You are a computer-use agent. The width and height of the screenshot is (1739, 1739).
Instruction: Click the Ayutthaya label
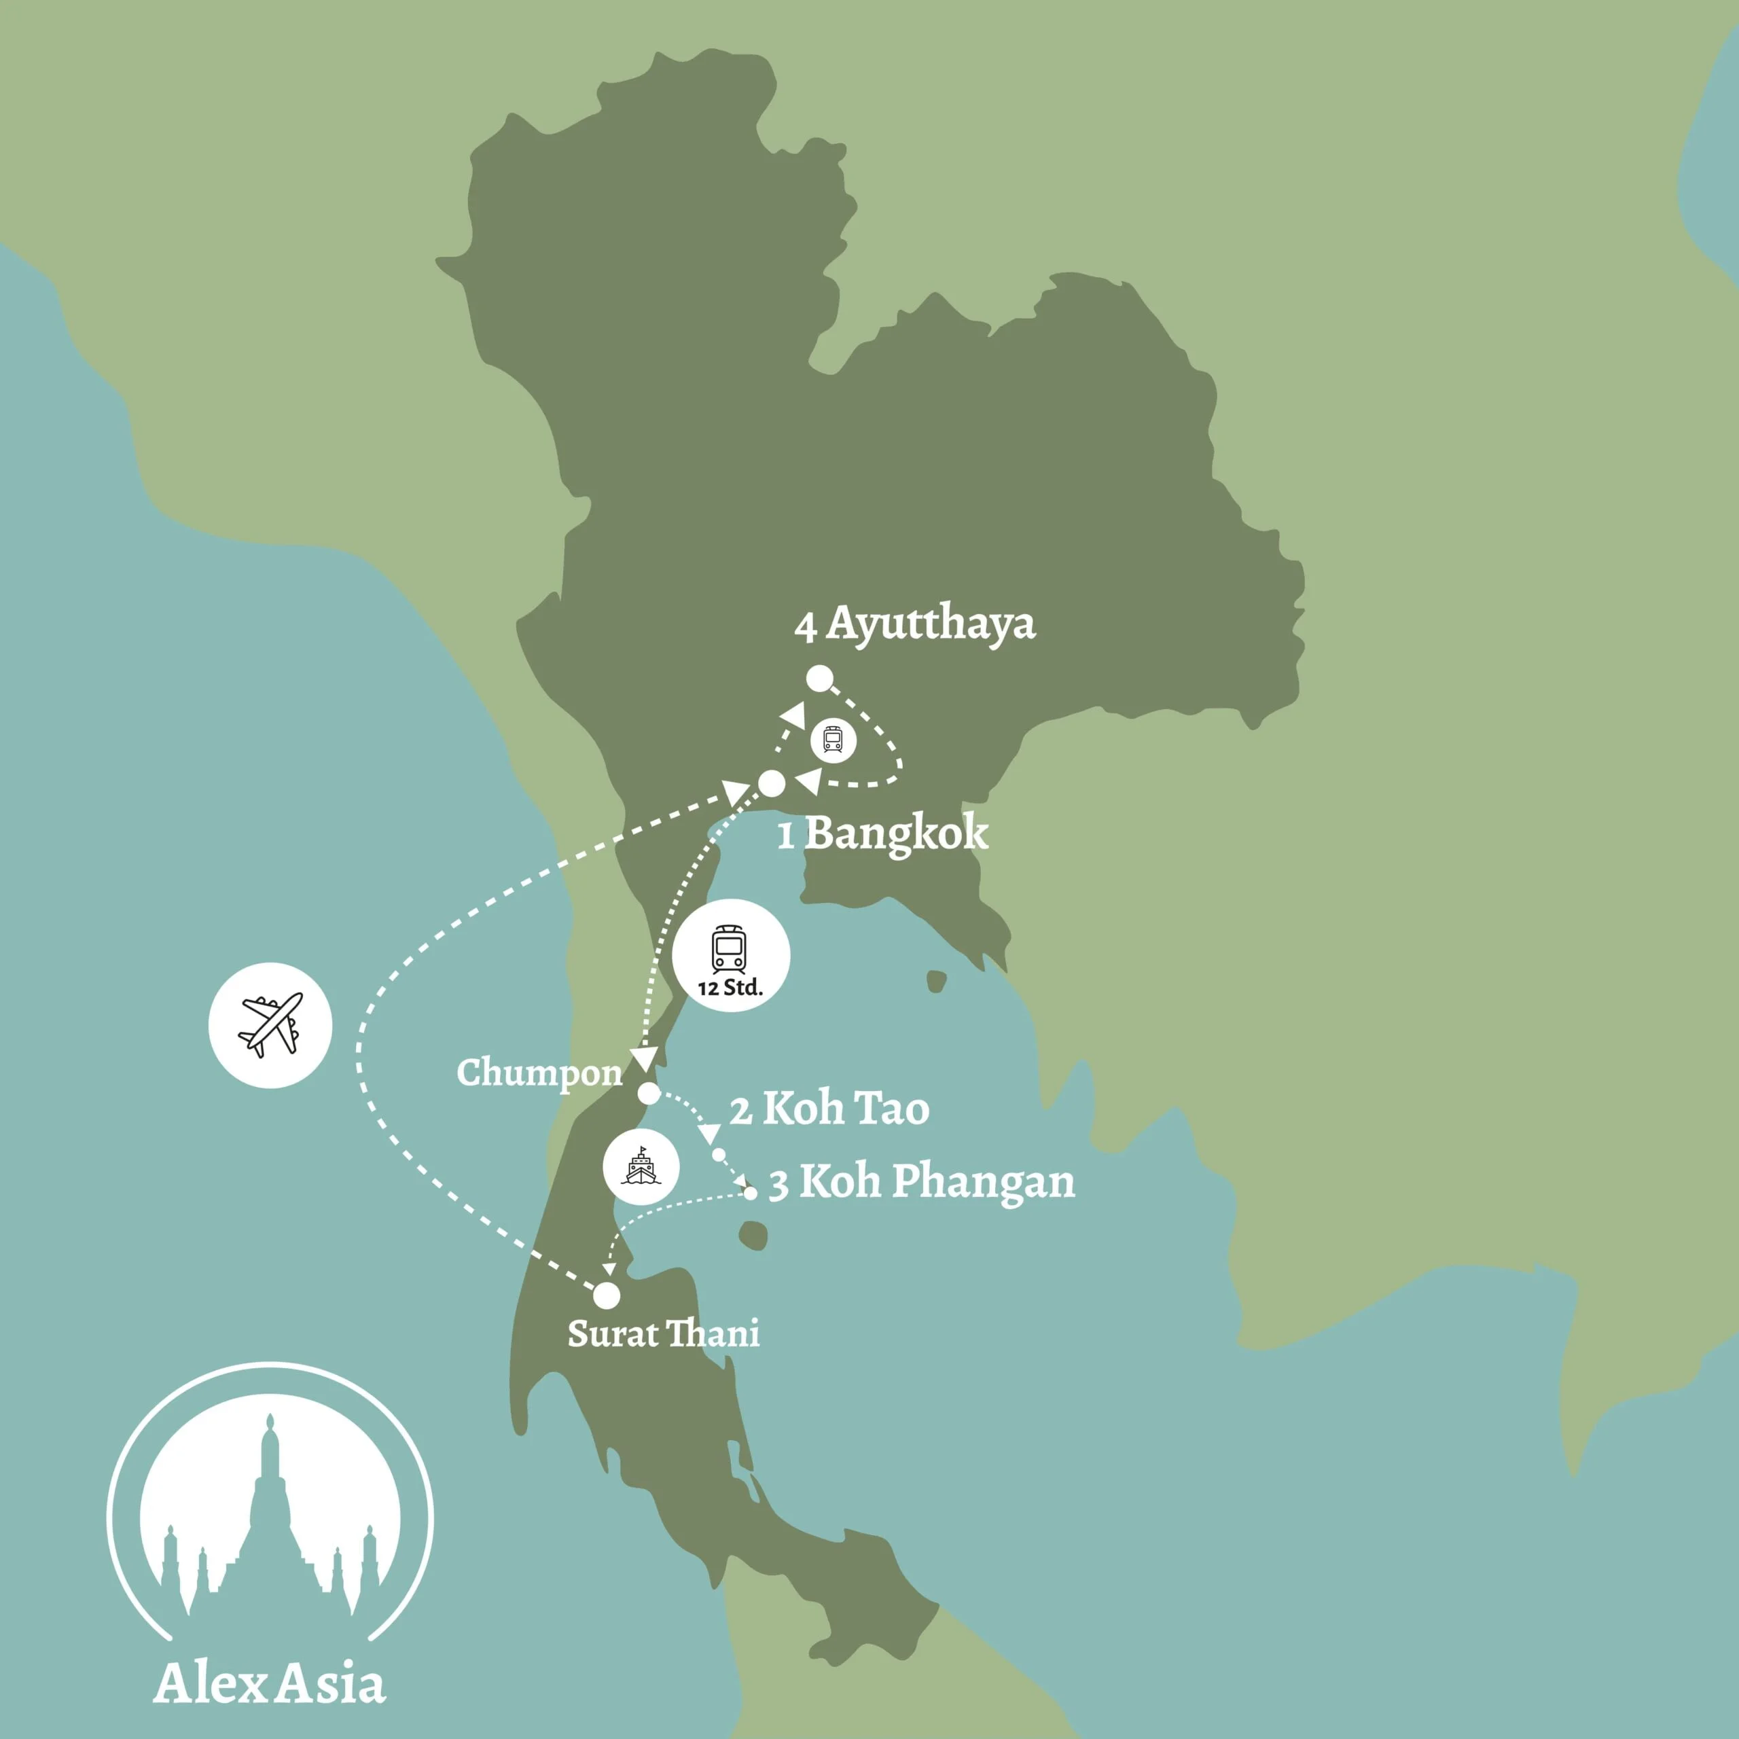[x=931, y=624]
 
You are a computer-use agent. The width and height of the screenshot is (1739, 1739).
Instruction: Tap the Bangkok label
[x=895, y=833]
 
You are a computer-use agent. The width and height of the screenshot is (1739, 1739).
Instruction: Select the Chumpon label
[x=539, y=1072]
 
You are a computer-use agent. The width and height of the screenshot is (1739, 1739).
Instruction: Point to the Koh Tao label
[x=845, y=1109]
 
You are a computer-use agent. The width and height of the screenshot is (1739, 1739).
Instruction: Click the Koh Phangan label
[x=937, y=1182]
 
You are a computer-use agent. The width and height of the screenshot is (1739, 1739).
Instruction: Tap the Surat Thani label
[x=664, y=1333]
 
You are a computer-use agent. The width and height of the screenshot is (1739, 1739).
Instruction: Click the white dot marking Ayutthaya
[x=818, y=679]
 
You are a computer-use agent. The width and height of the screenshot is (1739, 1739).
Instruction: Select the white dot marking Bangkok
[x=772, y=783]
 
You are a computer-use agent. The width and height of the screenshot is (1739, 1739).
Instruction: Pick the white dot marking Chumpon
[x=648, y=1094]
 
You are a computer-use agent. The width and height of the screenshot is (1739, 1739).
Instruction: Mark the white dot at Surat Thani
[x=607, y=1295]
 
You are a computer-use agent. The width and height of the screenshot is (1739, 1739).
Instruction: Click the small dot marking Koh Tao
[x=718, y=1154]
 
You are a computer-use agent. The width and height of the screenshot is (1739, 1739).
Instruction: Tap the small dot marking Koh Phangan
[x=751, y=1193]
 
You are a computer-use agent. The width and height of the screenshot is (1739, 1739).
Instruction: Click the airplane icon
[x=270, y=1025]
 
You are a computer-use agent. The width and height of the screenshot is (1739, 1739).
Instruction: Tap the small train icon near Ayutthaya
[x=833, y=740]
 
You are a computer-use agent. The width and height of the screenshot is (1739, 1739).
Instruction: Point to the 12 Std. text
[x=730, y=988]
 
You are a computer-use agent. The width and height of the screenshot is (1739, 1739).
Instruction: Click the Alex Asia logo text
[x=270, y=1683]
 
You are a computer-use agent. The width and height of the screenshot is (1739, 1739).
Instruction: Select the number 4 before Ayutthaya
[x=806, y=628]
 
